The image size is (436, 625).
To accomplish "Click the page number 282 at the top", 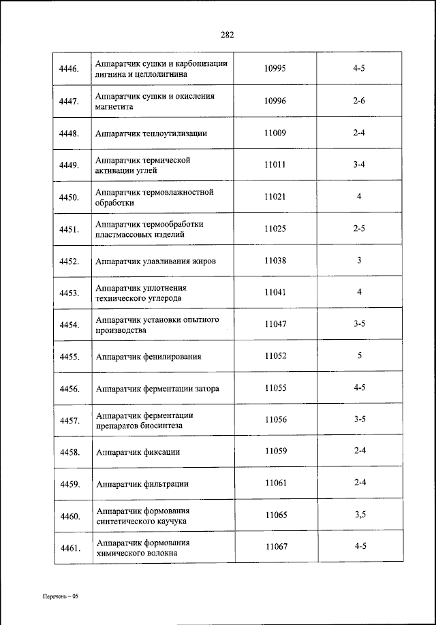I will (x=228, y=35).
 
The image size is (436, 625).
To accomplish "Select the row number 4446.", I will (x=69, y=69).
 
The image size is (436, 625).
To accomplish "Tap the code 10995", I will (x=275, y=69).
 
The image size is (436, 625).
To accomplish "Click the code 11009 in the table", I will (x=275, y=133).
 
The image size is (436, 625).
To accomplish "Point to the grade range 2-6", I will (x=359, y=101).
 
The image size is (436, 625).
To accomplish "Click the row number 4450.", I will (x=69, y=197).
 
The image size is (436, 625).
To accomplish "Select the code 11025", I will (x=275, y=229).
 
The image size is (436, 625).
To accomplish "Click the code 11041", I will (x=275, y=292).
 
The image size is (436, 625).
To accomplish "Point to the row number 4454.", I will (x=69, y=325).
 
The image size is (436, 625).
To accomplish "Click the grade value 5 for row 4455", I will (x=359, y=355).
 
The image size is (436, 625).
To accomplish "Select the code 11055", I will (x=275, y=388).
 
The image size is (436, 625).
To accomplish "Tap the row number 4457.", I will (x=69, y=421).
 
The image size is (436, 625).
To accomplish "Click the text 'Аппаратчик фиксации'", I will (x=138, y=452).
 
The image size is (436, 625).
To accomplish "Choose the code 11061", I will (x=275, y=483).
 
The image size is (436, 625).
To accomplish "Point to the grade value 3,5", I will (x=360, y=515).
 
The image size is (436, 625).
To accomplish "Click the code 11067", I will (x=275, y=547).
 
